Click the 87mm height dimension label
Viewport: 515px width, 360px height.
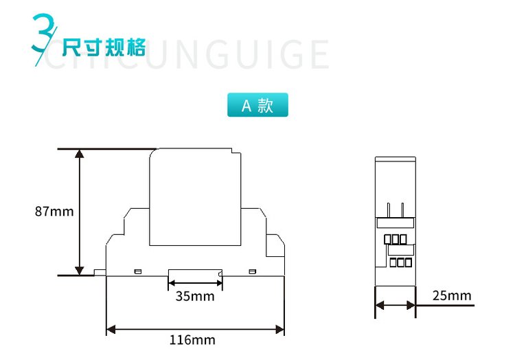click(x=54, y=212)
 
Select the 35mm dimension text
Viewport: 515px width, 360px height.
click(x=194, y=297)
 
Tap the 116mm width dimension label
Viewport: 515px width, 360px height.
click(x=192, y=339)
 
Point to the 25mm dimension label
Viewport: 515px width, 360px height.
click(x=452, y=296)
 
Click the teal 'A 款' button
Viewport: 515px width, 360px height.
click(x=257, y=105)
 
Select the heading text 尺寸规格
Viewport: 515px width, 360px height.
click(x=104, y=48)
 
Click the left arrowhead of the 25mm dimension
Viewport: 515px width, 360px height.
click(x=378, y=304)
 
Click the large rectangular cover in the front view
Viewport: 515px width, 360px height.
click(x=196, y=198)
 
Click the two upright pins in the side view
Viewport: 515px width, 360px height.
click(x=395, y=210)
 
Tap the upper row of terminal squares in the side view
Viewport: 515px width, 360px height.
click(x=395, y=239)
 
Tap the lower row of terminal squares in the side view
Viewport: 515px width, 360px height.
click(x=400, y=262)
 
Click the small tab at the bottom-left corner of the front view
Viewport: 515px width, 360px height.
click(x=100, y=272)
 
